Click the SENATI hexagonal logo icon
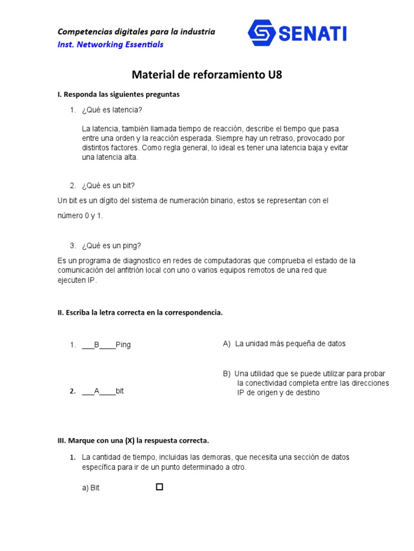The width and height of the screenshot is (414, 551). pos(262,33)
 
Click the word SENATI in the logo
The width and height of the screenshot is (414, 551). pos(313,34)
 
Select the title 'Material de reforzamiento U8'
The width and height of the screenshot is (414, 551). pos(207,75)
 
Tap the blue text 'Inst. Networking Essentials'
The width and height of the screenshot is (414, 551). pos(111,44)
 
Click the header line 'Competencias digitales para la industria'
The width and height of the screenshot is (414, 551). pos(136,32)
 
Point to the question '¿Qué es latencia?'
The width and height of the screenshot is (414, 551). pos(112,110)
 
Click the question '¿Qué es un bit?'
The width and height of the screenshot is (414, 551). pos(108,186)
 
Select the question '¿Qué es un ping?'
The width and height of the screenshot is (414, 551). pos(111,246)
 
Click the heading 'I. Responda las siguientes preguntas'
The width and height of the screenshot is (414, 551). pos(119,94)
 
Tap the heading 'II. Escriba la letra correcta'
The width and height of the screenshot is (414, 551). pos(140,313)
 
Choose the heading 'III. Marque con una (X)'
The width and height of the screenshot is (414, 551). pos(133,440)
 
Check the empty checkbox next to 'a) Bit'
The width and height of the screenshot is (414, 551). pos(159,487)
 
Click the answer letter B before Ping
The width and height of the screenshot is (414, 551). pos(97,345)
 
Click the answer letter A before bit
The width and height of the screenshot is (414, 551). pos(97,391)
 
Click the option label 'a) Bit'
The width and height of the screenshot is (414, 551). pos(91,488)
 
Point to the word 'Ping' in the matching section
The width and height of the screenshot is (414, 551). pos(123,345)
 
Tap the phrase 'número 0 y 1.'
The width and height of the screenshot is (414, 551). pos(80,215)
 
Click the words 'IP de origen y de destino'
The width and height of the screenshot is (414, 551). pos(278,393)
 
